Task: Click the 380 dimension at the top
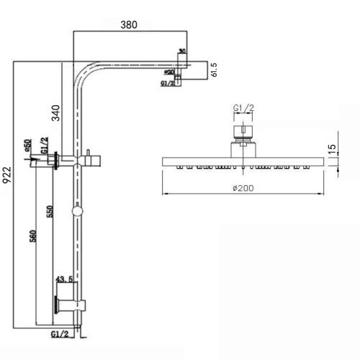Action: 129,24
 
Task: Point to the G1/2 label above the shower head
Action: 243,109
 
